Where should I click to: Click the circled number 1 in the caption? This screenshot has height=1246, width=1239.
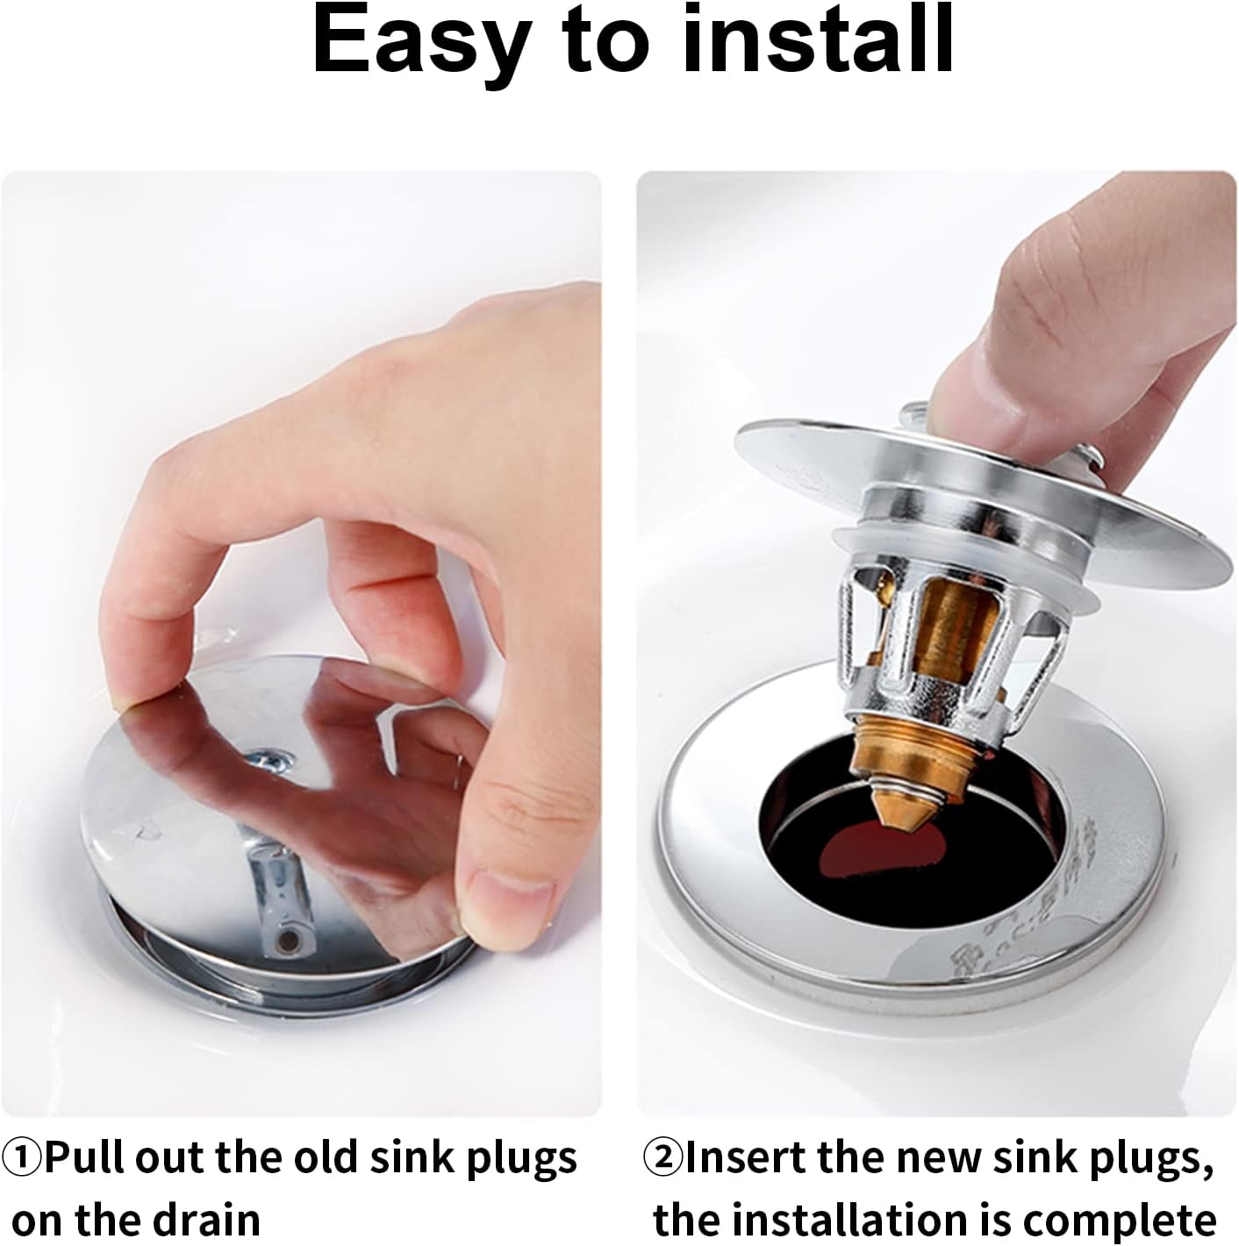22,1158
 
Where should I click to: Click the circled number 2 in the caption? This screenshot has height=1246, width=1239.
664,1158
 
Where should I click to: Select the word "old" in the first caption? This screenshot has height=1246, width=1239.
326,1158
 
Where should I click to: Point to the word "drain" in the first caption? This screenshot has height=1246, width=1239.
211,1221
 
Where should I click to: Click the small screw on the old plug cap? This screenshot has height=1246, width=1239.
264,759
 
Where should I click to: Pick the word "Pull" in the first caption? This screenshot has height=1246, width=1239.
83,1158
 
